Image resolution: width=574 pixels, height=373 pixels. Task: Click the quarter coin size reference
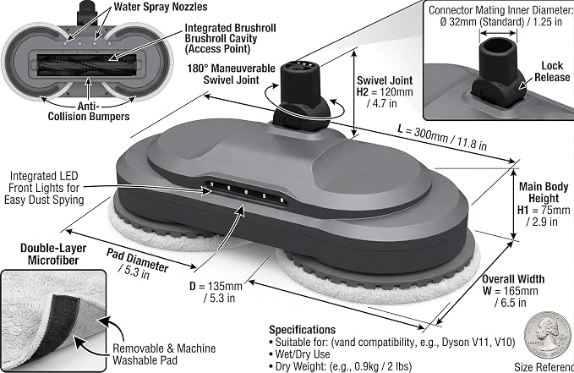548,335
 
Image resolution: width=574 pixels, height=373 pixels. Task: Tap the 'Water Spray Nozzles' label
161,7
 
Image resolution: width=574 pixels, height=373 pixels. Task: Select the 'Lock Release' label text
552,71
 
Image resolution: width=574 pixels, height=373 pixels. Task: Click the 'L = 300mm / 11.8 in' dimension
442,138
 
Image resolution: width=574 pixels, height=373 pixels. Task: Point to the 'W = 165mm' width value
511,291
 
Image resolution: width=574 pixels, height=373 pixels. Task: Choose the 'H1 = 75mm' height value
544,210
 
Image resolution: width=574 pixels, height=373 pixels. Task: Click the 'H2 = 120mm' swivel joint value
385,92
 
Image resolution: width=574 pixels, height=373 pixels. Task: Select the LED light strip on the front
245,192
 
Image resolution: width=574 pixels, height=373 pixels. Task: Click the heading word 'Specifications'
303,330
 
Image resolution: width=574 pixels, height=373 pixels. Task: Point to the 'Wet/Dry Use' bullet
303,354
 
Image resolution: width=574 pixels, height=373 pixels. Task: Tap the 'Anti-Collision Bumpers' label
89,112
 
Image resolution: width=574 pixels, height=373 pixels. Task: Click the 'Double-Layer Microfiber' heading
53,254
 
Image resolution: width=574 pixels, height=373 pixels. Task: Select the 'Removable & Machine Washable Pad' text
164,354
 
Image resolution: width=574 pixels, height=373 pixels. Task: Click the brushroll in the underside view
87,65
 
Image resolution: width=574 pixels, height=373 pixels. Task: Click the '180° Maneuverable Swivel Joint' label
232,74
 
